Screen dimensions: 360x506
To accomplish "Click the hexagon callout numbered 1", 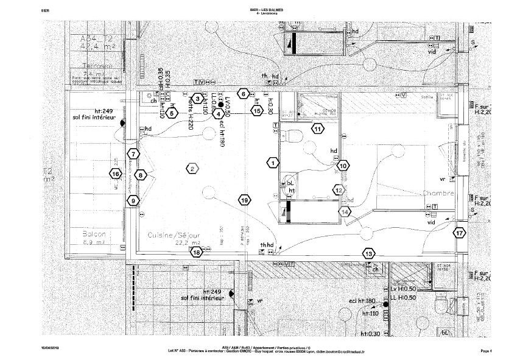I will coord(273,163).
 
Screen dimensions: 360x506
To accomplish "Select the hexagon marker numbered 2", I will coord(191,169).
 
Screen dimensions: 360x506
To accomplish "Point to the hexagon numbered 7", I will coord(133,155).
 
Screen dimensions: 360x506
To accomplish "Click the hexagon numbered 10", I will coord(343,166).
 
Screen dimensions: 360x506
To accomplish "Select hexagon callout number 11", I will coord(317,129).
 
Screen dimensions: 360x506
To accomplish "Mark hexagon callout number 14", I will coord(345,212).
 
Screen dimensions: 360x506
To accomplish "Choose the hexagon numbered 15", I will coord(257,111).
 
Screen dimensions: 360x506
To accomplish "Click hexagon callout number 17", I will coord(459,233).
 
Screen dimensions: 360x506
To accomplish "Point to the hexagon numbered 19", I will coord(244,200).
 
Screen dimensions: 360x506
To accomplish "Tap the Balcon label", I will coord(94,235).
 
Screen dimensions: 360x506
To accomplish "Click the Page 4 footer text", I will coord(485,350).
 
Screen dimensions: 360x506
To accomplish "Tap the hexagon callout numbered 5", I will coord(172,113).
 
